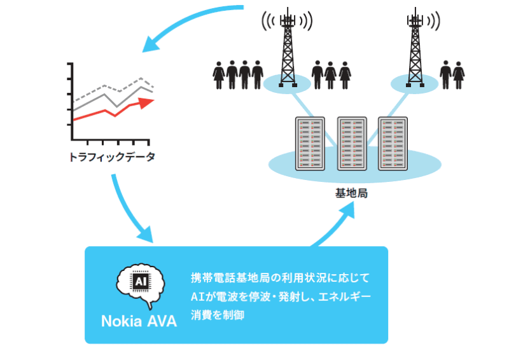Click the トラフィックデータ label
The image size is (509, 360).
(111, 156)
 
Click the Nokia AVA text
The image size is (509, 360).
(139, 319)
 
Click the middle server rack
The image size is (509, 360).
(352, 143)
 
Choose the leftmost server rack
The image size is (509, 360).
(310, 143)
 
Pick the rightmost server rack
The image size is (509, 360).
(393, 143)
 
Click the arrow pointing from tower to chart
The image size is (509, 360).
(185, 22)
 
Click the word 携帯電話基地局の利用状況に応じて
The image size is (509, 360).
(280, 278)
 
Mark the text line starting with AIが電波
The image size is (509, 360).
(280, 296)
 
